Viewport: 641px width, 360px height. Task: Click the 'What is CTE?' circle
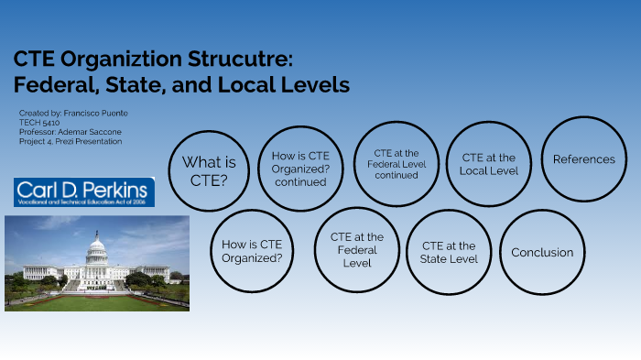209,169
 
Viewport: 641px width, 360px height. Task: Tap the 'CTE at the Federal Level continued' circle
396,164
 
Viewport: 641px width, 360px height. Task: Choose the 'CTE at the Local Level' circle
489,164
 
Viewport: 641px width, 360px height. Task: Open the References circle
583,159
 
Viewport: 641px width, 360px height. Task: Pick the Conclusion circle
542,253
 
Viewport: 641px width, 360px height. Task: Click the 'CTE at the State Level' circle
449,252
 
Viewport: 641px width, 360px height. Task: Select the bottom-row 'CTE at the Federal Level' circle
357,249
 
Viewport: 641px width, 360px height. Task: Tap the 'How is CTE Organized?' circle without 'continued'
253,251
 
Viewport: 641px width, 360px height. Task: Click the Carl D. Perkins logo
84,192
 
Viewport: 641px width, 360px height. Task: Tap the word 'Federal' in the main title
50,86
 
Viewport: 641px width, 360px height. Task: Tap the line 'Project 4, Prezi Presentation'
70,141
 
